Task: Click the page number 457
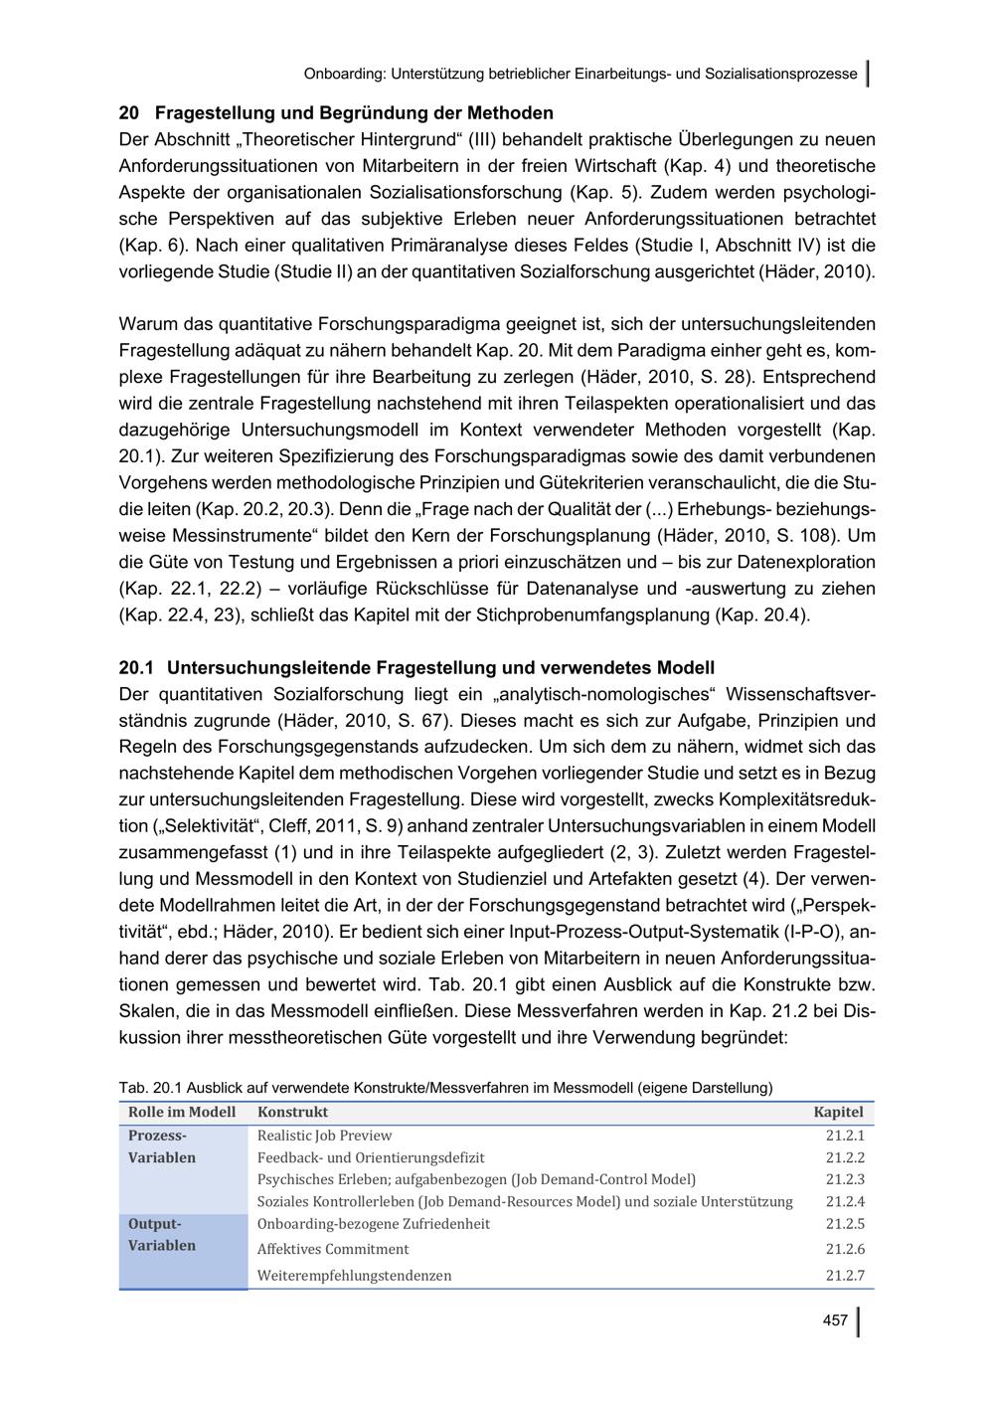point(835,1320)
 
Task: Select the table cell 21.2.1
point(845,1136)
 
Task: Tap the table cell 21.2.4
point(845,1201)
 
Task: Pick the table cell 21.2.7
point(845,1275)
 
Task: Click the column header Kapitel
point(838,1112)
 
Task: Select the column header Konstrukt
point(292,1112)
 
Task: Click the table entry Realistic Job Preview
point(324,1136)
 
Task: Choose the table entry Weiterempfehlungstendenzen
point(354,1275)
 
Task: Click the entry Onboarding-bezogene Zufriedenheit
point(374,1224)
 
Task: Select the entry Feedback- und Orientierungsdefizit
point(371,1157)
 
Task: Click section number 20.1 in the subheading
point(136,667)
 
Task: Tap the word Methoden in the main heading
point(509,112)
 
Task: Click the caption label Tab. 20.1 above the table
point(150,1087)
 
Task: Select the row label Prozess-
point(157,1136)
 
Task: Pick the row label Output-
point(155,1224)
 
